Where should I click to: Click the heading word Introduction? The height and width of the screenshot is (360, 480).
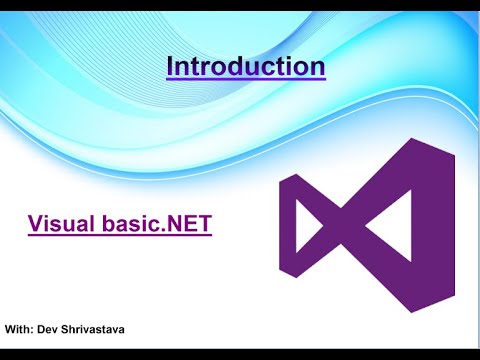tap(245, 67)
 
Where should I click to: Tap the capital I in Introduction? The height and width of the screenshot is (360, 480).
tap(170, 67)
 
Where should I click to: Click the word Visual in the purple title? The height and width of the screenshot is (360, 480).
tap(61, 223)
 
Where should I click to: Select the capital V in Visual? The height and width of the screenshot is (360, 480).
tap(35, 223)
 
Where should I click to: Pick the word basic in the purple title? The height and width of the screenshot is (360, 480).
tap(128, 223)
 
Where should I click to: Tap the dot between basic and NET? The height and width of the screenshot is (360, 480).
tap(163, 230)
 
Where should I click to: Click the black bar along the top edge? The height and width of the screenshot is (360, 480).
tap(240, 5)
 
